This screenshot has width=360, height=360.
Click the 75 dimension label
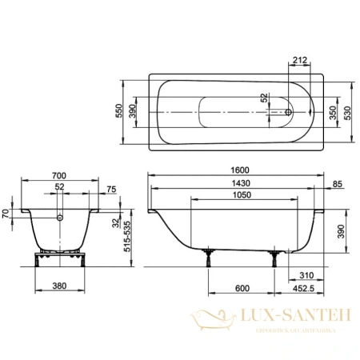(x=111, y=190)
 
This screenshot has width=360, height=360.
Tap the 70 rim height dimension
(x=6, y=214)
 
